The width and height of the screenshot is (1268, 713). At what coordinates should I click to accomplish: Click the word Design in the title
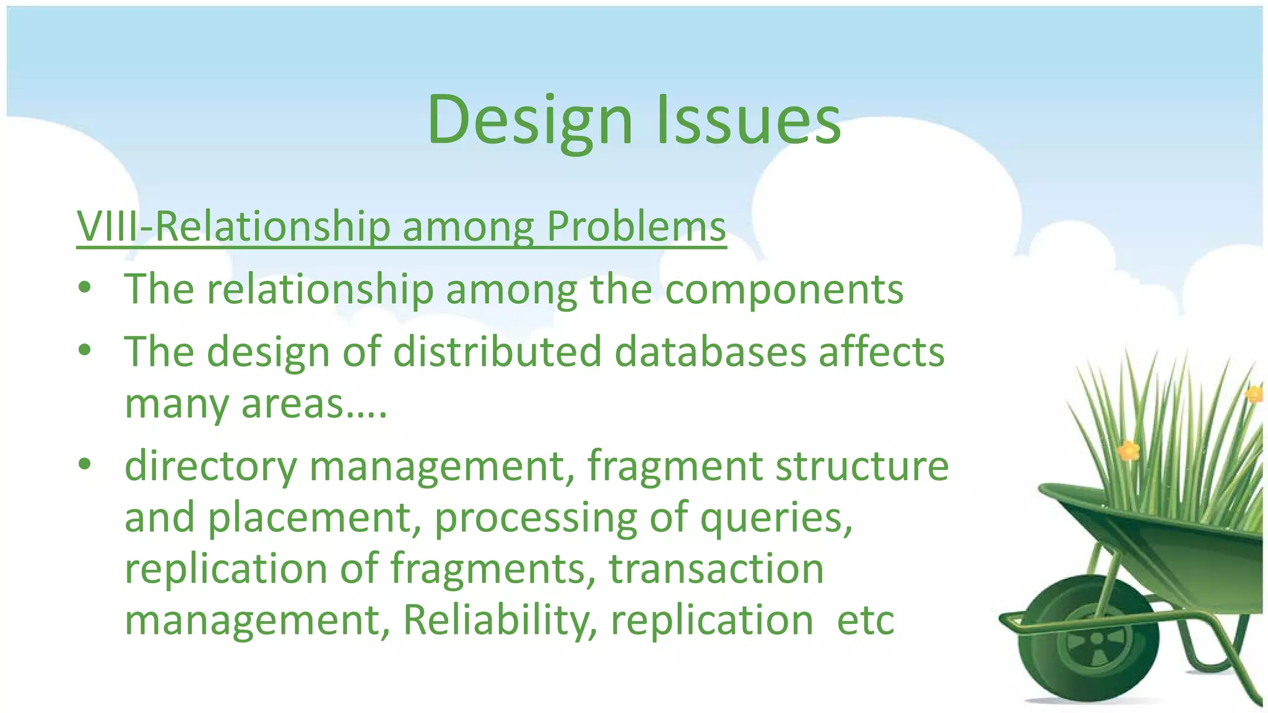(529, 121)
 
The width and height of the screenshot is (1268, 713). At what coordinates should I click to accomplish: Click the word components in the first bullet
(784, 290)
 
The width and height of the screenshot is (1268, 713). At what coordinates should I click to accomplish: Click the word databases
(710, 352)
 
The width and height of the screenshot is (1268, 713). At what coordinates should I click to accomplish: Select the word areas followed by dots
(313, 404)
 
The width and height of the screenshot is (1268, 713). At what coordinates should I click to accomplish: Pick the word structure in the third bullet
(862, 466)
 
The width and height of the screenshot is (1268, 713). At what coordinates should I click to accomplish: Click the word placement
(310, 519)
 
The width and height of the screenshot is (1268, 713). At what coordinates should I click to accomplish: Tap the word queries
(776, 519)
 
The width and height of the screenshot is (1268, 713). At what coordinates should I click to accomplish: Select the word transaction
(716, 569)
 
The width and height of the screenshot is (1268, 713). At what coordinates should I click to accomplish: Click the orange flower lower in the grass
(1128, 451)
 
